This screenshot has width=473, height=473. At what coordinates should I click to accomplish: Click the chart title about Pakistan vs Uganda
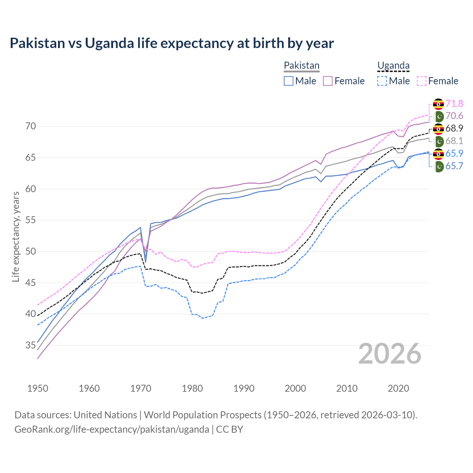172,43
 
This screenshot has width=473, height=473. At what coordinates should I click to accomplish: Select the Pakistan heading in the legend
302,65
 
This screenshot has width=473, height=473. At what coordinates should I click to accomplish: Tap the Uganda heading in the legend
393,65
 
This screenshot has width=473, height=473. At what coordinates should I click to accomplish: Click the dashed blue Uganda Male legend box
382,81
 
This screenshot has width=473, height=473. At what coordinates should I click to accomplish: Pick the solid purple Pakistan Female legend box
328,81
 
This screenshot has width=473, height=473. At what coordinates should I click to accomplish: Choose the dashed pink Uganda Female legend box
422,81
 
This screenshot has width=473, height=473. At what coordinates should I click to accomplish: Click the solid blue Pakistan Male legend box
289,81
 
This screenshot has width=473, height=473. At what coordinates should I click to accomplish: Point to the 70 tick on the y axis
31,126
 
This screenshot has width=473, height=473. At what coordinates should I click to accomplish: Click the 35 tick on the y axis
31,346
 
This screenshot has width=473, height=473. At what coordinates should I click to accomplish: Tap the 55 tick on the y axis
31,220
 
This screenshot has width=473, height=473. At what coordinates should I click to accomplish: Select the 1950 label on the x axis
38,388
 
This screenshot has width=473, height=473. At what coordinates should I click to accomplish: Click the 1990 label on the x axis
244,388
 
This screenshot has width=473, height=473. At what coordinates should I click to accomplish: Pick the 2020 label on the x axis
398,388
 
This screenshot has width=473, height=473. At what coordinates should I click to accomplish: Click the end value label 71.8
454,104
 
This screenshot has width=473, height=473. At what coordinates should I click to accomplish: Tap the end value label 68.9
454,129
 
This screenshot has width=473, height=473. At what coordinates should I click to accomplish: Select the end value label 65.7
454,166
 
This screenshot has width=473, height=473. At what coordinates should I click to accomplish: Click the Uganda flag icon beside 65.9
438,154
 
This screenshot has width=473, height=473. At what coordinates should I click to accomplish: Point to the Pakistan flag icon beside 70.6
438,116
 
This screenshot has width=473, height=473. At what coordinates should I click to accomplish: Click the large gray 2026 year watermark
390,354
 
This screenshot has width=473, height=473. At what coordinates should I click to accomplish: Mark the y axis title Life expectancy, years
16,236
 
